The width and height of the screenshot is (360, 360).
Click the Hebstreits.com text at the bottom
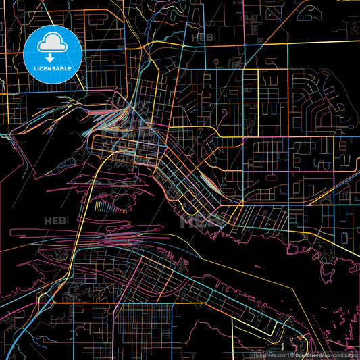(269, 354)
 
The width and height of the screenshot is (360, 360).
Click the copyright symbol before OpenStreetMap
(292, 354)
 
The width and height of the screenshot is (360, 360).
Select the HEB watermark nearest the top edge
(202, 38)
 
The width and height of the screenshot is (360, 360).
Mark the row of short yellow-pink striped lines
(109, 207)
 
